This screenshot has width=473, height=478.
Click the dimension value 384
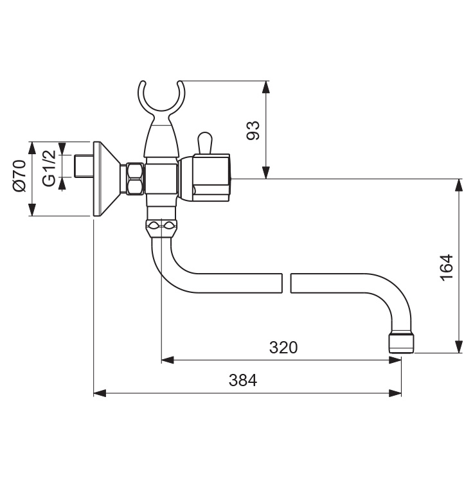click(243, 381)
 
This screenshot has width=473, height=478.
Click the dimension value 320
click(283, 348)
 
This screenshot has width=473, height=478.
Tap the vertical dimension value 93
click(254, 130)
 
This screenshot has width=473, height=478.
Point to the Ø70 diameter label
click(19, 178)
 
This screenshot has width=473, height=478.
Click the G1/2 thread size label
click(49, 167)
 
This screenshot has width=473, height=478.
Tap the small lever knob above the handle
click(205, 142)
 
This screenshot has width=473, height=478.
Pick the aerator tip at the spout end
click(402, 342)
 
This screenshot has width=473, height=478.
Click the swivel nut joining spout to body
click(162, 227)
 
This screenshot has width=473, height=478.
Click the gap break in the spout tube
click(287, 283)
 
